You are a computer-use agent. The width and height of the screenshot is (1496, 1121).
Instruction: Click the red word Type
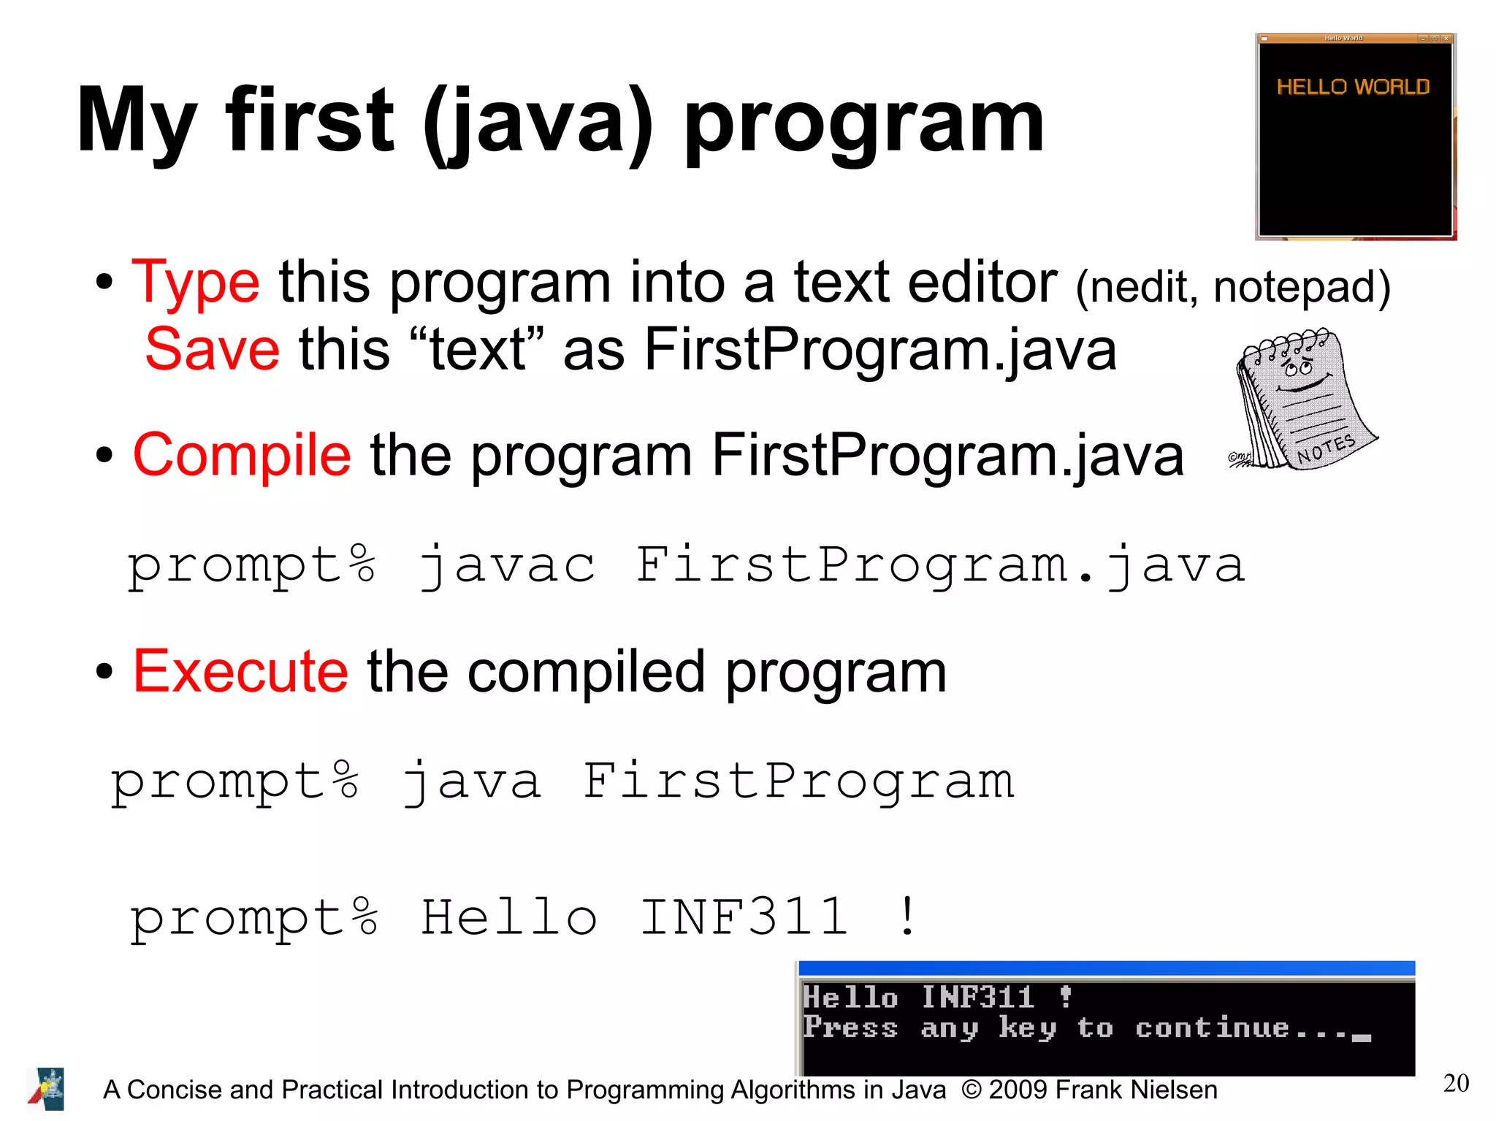click(195, 283)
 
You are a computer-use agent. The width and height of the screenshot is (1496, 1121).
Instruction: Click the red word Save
click(212, 349)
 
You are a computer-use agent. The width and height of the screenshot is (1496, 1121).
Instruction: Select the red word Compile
click(242, 454)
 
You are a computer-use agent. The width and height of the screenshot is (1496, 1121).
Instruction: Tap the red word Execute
click(240, 671)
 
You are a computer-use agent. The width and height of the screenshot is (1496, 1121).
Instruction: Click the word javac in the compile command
click(507, 566)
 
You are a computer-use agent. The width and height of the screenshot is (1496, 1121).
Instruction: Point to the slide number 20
click(1456, 1082)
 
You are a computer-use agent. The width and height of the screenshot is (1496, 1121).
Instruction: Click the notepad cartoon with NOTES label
click(1305, 400)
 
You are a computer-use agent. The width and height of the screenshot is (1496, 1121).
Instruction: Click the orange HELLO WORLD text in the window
click(1353, 87)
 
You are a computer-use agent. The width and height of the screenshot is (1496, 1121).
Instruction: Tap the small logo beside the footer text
click(46, 1089)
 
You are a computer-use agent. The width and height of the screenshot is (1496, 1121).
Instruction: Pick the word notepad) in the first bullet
click(1302, 286)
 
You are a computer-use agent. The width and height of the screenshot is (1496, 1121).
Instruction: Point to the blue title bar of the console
click(1107, 968)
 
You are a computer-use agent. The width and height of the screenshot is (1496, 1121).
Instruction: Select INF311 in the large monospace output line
click(744, 917)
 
